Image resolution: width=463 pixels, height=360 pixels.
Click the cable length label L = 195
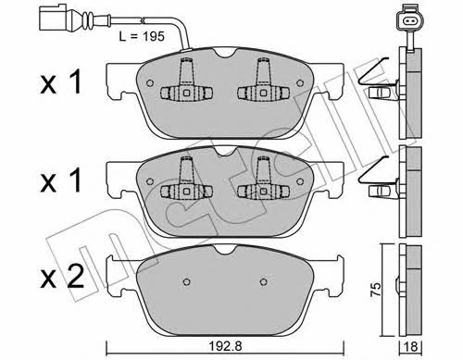tap(142, 37)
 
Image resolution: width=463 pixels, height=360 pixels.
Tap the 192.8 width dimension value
tap(225, 346)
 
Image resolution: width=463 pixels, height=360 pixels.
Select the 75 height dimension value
tap(376, 290)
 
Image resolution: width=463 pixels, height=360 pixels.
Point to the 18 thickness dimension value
tap(411, 347)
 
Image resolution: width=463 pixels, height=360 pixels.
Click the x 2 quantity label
tap(62, 277)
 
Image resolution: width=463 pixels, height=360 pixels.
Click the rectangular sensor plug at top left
tap(53, 18)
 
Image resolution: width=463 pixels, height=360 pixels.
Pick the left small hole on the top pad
tap(150, 83)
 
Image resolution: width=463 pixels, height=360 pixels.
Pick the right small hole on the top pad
tap(299, 83)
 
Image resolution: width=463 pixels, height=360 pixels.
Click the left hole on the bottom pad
tap(186, 282)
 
